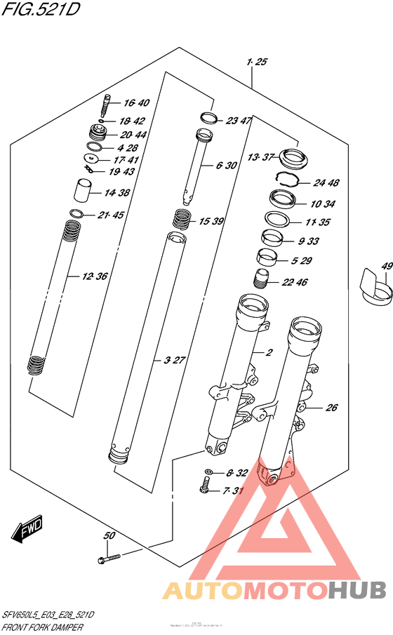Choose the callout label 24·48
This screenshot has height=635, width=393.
[326, 183]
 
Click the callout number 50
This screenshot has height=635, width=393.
[109, 537]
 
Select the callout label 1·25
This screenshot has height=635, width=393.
[257, 63]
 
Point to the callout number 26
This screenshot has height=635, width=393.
[332, 407]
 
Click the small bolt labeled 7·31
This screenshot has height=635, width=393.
[206, 486]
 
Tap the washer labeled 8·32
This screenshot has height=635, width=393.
[211, 471]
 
